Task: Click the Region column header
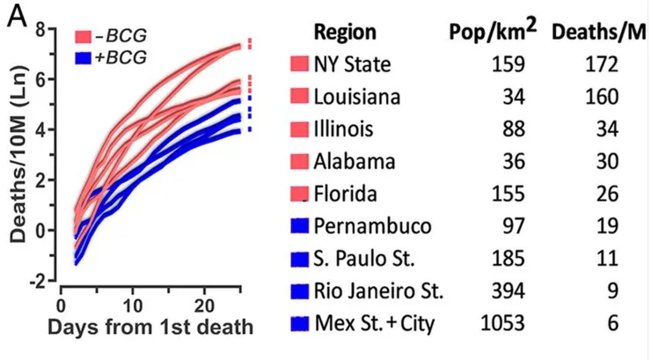pos(345,33)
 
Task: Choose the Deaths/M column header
pos(598,33)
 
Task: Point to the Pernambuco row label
pos(373,226)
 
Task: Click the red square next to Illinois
pos(299,129)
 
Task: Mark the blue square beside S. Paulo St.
pos(299,259)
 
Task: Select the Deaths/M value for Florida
pos(606,194)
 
